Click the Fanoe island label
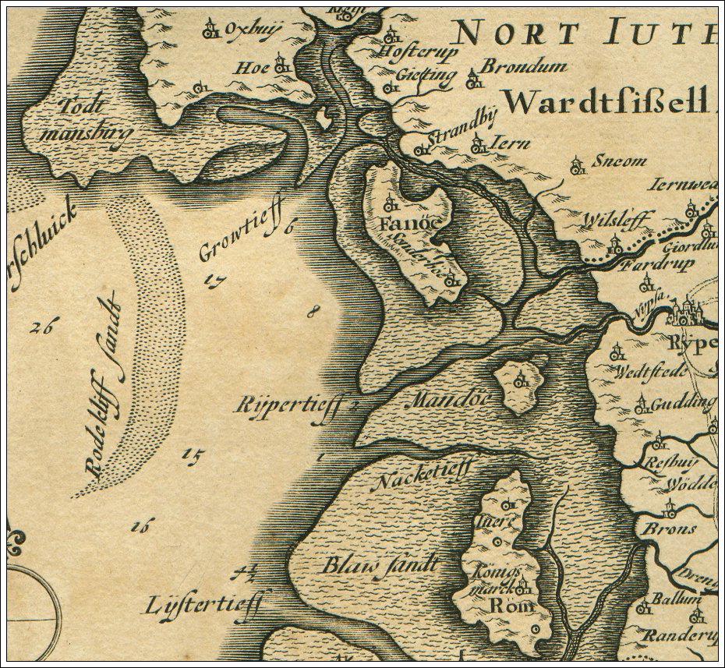404,225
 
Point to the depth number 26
41,327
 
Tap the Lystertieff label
207,603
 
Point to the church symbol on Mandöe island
518,381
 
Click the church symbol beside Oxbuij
210,30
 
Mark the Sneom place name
620,161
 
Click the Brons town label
668,529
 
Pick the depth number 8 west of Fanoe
313,313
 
